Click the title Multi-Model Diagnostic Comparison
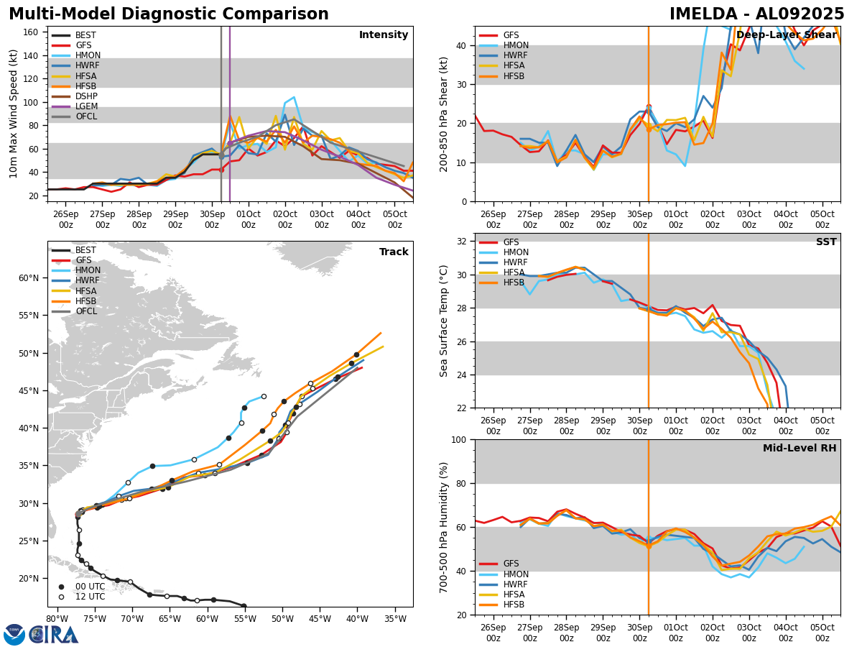point(169,14)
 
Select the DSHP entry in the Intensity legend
point(86,96)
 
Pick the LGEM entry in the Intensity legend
point(86,106)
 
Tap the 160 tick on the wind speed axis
point(33,32)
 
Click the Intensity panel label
point(384,35)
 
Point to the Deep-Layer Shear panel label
point(786,35)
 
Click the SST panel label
point(826,242)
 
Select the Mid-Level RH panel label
point(800,449)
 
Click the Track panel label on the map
point(394,252)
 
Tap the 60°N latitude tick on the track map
point(29,278)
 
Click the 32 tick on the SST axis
point(463,242)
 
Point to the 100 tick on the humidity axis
point(460,439)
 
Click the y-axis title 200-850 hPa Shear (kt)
point(445,114)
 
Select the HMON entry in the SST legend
point(515,252)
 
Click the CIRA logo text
point(54,634)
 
